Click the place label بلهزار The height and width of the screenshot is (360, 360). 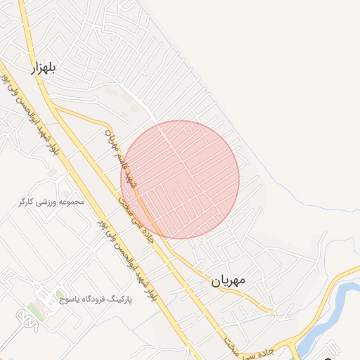[x=43, y=69]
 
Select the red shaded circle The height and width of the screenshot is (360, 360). [x=180, y=179]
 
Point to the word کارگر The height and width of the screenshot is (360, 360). [x=26, y=202]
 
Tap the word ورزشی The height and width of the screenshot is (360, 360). [x=49, y=202]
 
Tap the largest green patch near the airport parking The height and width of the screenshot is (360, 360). [x=33, y=309]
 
